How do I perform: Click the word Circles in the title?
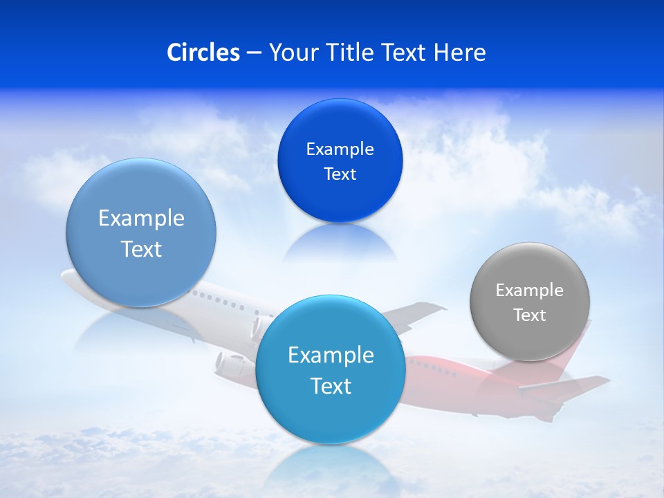203,53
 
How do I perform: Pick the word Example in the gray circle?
530,290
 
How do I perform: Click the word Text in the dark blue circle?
340,174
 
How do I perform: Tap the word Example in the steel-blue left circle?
141,219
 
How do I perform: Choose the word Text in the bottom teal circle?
331,386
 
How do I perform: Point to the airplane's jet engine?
232,362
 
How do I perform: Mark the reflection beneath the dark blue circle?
340,242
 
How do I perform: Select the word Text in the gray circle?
530,315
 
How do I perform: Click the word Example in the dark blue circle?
340,149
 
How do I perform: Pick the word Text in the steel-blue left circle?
141,249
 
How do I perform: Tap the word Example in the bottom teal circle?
331,356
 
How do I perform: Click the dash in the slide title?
254,53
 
